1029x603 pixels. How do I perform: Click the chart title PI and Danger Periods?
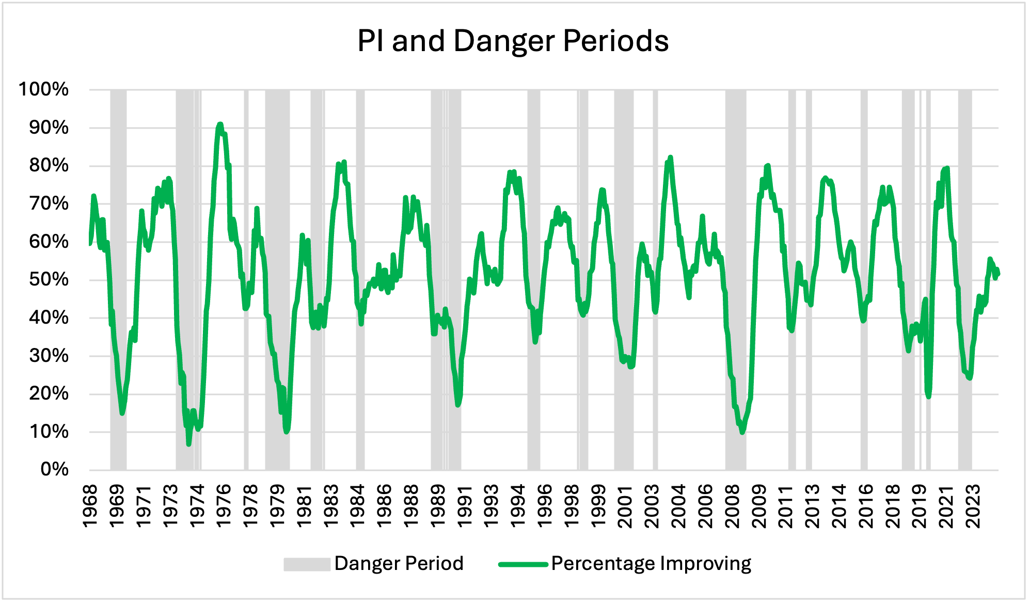[513, 41]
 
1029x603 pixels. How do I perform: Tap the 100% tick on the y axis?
[43, 89]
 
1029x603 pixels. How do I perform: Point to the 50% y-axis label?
[49, 280]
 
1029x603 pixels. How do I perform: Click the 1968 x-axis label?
[90, 506]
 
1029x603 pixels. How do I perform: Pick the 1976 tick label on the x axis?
[224, 506]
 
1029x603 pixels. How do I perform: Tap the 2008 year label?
[733, 506]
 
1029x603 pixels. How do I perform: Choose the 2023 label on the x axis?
[973, 506]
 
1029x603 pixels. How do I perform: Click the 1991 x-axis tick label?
[465, 506]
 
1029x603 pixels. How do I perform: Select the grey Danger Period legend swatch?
[307, 564]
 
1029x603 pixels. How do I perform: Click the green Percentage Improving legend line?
[523, 564]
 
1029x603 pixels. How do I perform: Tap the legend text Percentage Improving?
[651, 563]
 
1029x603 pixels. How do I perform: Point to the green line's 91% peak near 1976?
[220, 124]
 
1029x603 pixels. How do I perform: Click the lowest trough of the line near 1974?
[189, 444]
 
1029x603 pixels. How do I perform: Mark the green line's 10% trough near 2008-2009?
[742, 432]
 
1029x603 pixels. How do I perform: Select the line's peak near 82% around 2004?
[670, 157]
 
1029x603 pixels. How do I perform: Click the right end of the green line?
[999, 274]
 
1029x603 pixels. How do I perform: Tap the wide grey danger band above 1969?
[118, 279]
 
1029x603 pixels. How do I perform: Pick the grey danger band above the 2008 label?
[735, 279]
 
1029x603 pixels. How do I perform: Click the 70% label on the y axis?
[49, 203]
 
